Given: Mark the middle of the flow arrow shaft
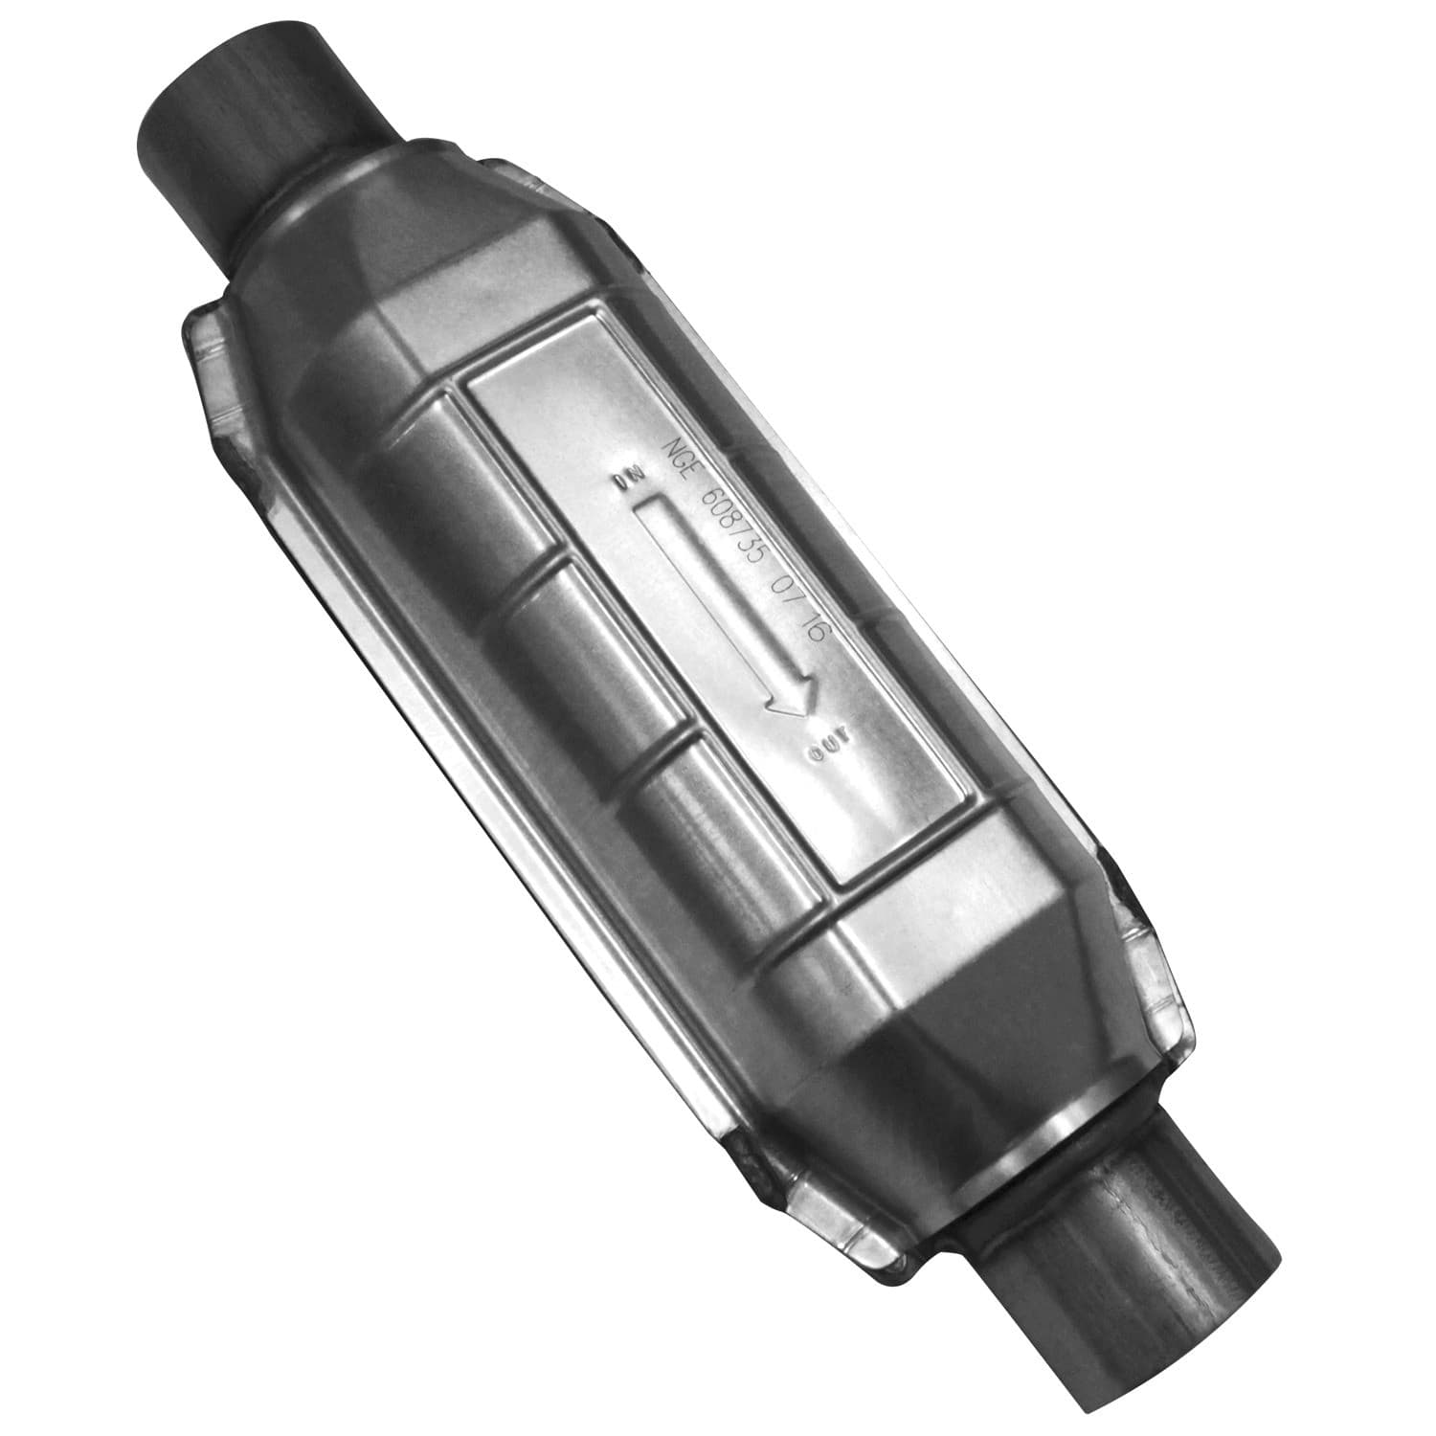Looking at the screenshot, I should pyautogui.click(x=713, y=589).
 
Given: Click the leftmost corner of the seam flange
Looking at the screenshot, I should pyautogui.click(x=187, y=330).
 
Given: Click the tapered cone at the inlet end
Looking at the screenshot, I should pyautogui.click(x=364, y=249).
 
